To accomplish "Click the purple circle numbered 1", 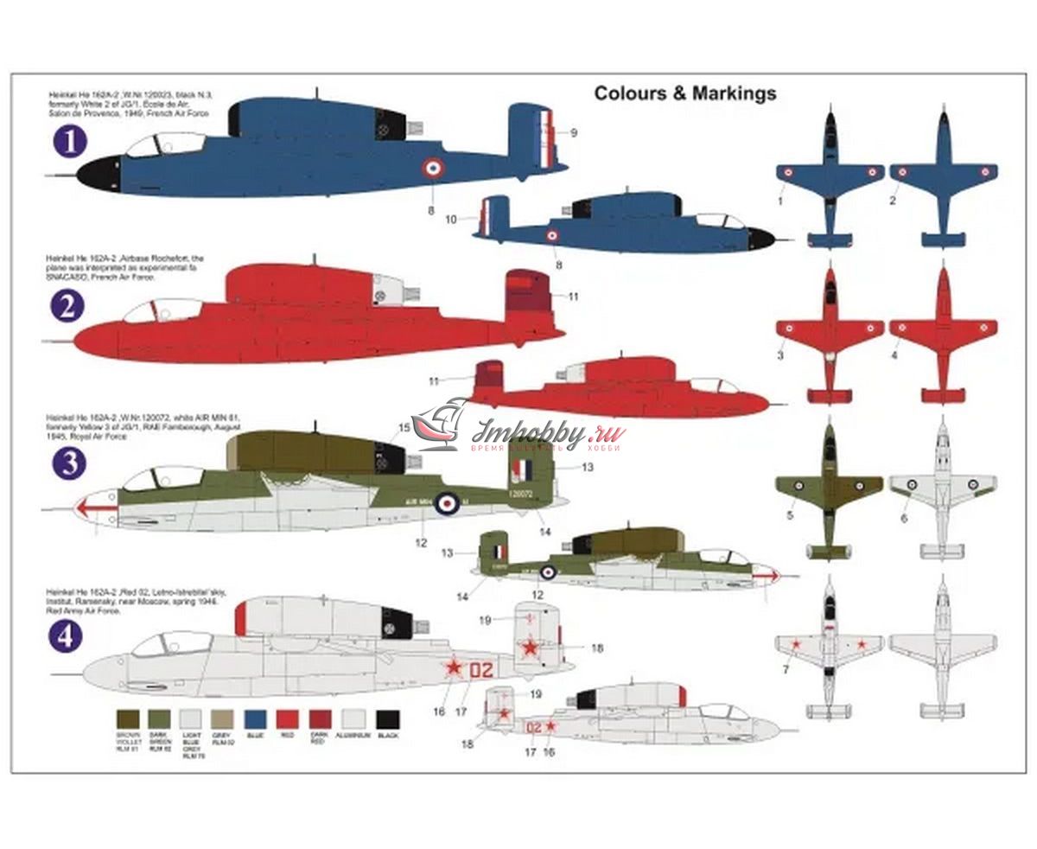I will (x=70, y=142).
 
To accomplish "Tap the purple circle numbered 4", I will (x=68, y=637).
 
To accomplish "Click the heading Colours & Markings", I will (x=684, y=93).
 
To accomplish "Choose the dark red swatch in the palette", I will (x=321, y=718).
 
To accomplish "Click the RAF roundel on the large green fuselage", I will (x=447, y=501).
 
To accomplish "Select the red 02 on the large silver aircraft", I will (x=484, y=668).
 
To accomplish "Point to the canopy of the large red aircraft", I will (x=169, y=310).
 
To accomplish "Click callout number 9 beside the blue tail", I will (x=574, y=132).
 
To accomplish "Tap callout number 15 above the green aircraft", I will (x=404, y=427).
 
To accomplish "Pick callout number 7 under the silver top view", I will (x=784, y=669).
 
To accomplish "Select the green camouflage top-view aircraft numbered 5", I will (x=829, y=488).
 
